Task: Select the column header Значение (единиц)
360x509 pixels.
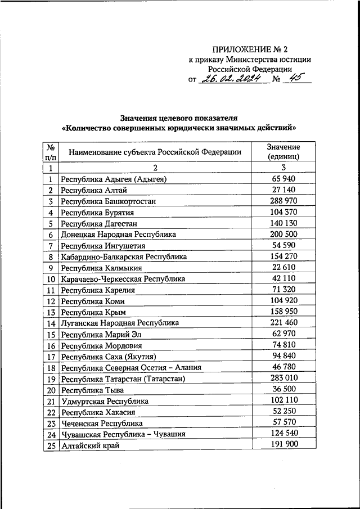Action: [x=283, y=151]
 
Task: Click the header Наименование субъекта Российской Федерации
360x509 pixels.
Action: [x=155, y=152]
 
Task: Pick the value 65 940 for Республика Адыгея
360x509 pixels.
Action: [x=283, y=179]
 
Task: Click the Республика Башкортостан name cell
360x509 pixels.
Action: [x=109, y=201]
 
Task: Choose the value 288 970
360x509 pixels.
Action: [x=283, y=201]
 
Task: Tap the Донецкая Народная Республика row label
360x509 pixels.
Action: [x=119, y=235]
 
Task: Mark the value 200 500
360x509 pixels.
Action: [x=283, y=234]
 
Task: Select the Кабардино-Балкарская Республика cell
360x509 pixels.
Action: [x=124, y=256]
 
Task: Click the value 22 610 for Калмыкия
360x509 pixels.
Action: [x=283, y=267]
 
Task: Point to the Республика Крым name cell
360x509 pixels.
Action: [x=93, y=312]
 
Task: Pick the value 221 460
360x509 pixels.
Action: [x=283, y=323]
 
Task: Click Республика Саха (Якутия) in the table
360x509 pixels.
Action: [x=108, y=357]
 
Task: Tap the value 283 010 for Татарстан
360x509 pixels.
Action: [x=283, y=379]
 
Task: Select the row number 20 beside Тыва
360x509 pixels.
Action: [x=51, y=390]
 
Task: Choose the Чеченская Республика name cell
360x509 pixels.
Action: [x=102, y=423]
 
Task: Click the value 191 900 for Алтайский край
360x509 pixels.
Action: [x=283, y=444]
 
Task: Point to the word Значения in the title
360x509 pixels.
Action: [x=139, y=118]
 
